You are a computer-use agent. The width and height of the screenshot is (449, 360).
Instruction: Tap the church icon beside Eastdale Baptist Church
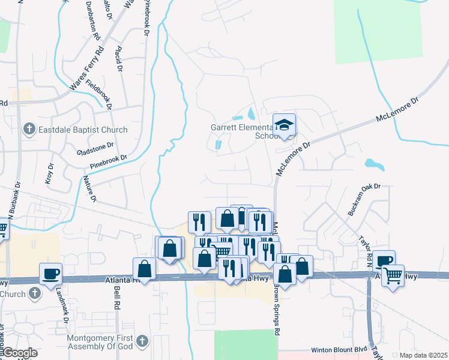coord(28,129)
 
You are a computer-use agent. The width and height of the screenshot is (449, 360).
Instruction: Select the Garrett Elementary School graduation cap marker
coord(285,125)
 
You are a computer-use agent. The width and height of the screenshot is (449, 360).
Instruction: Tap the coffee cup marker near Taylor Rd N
coord(384,261)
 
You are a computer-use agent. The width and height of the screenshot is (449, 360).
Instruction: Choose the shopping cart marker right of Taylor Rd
coord(393,276)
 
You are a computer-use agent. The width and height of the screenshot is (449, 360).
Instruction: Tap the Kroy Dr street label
coord(49,173)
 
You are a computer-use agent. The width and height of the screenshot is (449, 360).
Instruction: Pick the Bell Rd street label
coord(114,298)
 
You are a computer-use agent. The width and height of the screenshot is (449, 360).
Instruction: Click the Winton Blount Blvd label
coord(339,350)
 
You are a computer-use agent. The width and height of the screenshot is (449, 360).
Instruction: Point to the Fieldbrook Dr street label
coord(99,95)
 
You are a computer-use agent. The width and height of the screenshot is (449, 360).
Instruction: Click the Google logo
coord(20,353)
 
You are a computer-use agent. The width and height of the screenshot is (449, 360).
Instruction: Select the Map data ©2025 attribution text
coord(423,355)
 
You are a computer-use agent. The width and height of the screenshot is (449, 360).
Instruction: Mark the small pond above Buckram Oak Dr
coord(374,163)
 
